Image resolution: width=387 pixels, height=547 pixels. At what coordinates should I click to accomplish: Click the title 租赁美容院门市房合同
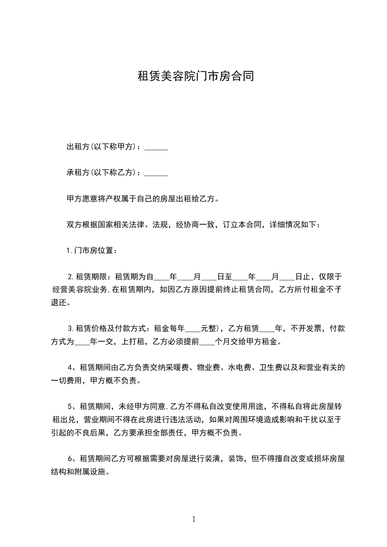[195, 77]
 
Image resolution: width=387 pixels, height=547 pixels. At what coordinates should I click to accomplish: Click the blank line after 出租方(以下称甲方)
[156, 147]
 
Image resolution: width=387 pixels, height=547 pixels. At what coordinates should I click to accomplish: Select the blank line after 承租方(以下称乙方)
[156, 173]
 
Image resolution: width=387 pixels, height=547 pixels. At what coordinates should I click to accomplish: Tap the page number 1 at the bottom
[194, 519]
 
